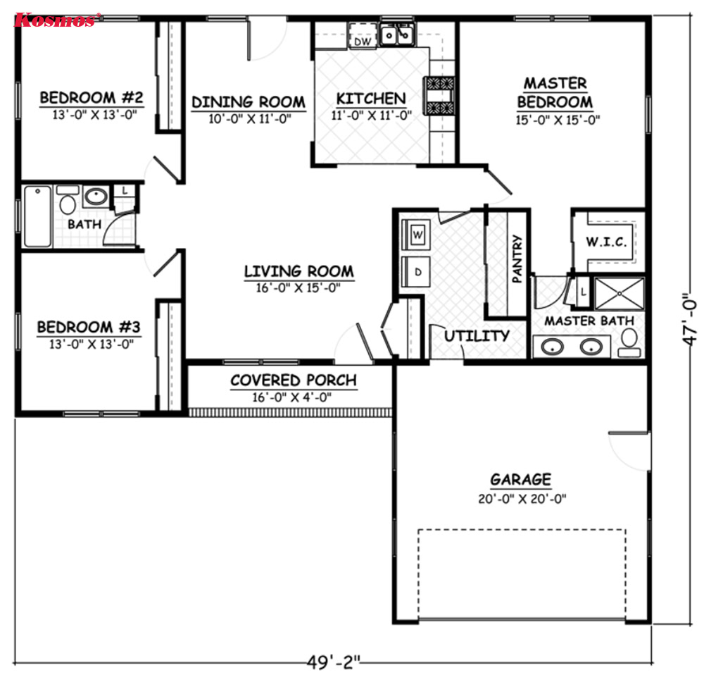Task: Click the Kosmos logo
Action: point(55,20)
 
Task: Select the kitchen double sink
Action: point(397,35)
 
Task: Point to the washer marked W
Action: point(416,235)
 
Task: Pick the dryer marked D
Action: point(416,272)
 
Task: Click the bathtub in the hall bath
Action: point(38,216)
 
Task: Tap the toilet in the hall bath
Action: point(68,200)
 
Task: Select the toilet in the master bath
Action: point(629,342)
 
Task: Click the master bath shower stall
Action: point(620,294)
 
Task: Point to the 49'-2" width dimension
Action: point(334,662)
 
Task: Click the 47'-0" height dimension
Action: point(690,319)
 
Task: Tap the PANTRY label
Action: point(517,259)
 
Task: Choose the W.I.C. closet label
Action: point(606,242)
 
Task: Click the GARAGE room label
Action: point(521,479)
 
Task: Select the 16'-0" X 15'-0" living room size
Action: point(298,287)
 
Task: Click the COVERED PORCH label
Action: point(294,380)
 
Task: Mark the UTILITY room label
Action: point(477,335)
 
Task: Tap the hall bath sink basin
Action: point(96,197)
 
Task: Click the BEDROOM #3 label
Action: point(89,327)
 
